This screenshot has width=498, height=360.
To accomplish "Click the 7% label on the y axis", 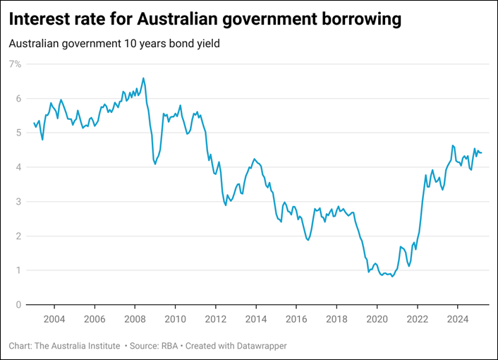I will tap(15, 64).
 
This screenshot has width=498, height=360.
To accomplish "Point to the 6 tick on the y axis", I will tap(18, 99).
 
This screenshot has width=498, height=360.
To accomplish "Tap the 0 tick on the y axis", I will tap(18, 305).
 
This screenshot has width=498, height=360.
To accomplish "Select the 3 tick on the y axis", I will tap(18, 202).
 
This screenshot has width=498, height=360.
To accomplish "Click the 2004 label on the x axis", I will tap(54, 318).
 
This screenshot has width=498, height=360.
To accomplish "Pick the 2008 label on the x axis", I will tap(135, 318).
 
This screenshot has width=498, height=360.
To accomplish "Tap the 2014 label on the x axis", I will tap(256, 318).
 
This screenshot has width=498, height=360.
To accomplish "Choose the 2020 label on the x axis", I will tap(377, 318).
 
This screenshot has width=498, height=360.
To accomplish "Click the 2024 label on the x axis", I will tap(458, 318).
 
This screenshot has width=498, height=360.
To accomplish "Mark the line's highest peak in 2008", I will tap(144, 78).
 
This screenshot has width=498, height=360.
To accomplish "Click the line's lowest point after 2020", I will tap(392, 277).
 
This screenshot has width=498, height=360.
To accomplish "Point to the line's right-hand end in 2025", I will tap(482, 153).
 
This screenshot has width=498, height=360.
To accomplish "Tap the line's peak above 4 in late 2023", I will tap(452, 145).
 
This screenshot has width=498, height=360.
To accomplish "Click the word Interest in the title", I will tap(41, 19).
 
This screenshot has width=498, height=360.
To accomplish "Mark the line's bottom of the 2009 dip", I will tap(155, 164).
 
